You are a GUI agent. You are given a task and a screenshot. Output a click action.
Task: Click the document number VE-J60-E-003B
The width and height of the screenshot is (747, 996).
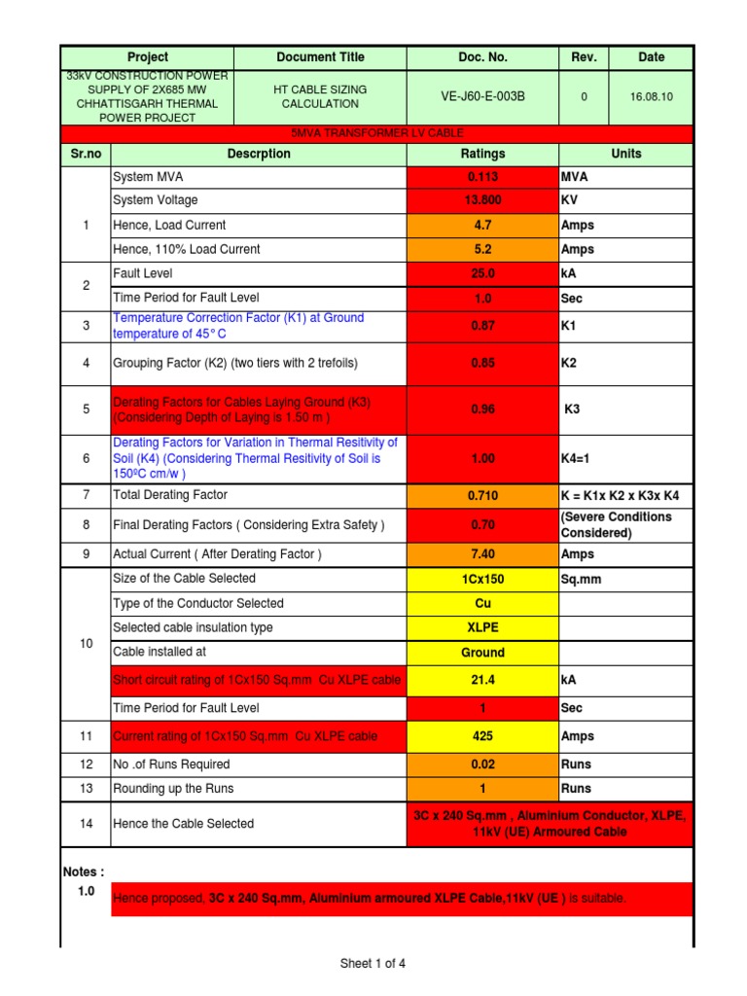tap(482, 96)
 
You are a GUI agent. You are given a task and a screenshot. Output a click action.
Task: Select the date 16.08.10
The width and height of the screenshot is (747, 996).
tap(651, 96)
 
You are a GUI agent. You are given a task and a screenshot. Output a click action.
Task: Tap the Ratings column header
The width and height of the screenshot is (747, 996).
tap(482, 154)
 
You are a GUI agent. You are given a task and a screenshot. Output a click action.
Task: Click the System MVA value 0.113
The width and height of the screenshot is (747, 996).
tap(482, 177)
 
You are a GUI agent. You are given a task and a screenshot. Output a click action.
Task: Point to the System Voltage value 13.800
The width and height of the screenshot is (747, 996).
tap(482, 200)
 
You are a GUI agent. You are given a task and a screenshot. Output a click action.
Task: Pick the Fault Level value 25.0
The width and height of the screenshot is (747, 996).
tap(482, 274)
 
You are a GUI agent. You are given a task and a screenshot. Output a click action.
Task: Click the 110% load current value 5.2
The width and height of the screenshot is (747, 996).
tap(482, 249)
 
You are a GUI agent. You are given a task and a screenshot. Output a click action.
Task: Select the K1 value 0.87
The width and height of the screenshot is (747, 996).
tap(482, 326)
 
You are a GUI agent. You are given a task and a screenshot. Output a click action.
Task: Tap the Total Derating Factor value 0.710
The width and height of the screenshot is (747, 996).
tap(482, 495)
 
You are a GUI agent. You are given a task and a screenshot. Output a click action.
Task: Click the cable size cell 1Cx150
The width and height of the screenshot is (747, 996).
tap(482, 579)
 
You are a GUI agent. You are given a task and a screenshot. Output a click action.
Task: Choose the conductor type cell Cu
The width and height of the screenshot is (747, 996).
tap(482, 603)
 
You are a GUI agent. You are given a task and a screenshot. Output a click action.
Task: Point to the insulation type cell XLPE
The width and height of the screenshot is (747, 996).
tap(482, 627)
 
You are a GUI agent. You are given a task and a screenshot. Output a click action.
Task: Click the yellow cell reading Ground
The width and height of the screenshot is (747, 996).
tap(482, 653)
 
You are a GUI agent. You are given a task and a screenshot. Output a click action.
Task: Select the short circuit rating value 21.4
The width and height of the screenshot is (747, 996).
tap(482, 680)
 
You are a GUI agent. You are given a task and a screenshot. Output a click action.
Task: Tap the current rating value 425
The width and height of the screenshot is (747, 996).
tap(482, 736)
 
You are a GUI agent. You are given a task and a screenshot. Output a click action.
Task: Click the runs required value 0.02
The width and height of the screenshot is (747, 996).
tap(482, 765)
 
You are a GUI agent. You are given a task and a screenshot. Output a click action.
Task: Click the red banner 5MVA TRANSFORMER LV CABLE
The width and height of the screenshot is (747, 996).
tap(377, 133)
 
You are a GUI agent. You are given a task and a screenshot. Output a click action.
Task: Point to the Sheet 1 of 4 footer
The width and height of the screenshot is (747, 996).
tap(373, 964)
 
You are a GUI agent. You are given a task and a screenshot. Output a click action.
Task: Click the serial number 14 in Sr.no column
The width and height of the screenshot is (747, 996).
tap(87, 824)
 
